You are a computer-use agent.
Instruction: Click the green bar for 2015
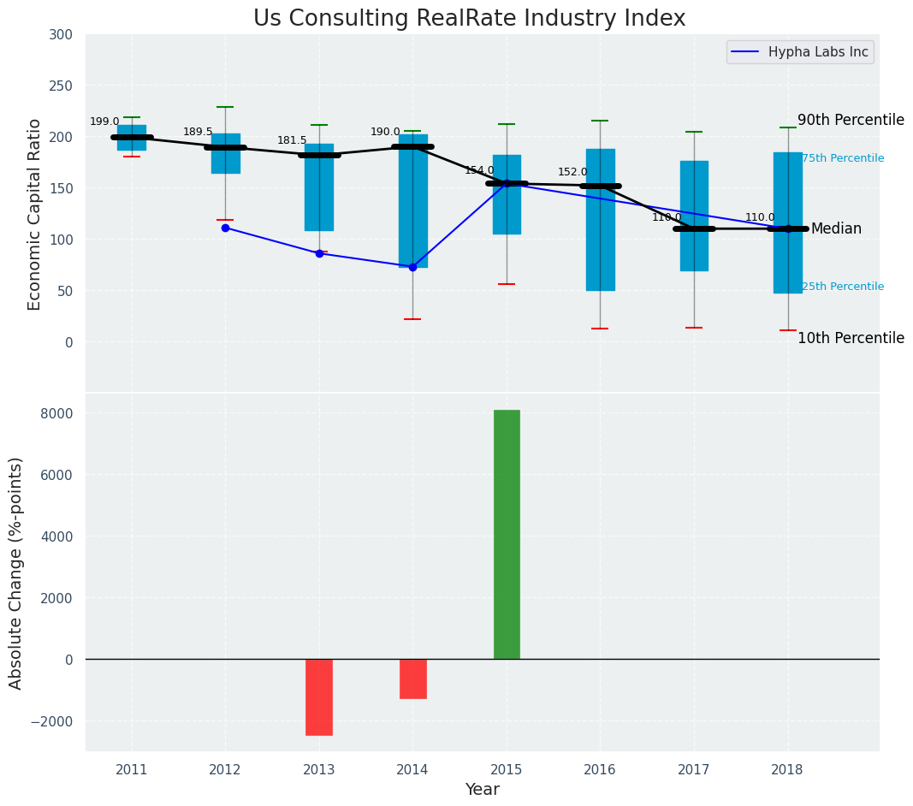507,534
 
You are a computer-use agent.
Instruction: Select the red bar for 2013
319,696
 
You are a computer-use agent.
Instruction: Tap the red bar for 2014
412,679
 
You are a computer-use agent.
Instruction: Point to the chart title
469,19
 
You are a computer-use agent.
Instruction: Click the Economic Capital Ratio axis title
35,214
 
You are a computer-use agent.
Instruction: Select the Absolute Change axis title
16,572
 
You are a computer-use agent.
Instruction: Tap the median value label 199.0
104,121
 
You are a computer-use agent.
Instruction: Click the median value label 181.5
292,140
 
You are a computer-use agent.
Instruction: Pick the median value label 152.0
572,172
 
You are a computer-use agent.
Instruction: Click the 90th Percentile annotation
851,120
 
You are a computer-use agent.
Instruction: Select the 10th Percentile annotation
851,338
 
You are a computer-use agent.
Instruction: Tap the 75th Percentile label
843,158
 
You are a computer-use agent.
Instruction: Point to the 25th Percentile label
843,287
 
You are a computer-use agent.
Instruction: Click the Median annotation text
836,228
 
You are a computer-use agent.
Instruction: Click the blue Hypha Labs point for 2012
225,228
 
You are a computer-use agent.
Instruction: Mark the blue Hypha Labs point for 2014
412,267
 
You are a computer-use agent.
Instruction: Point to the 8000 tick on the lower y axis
57,413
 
